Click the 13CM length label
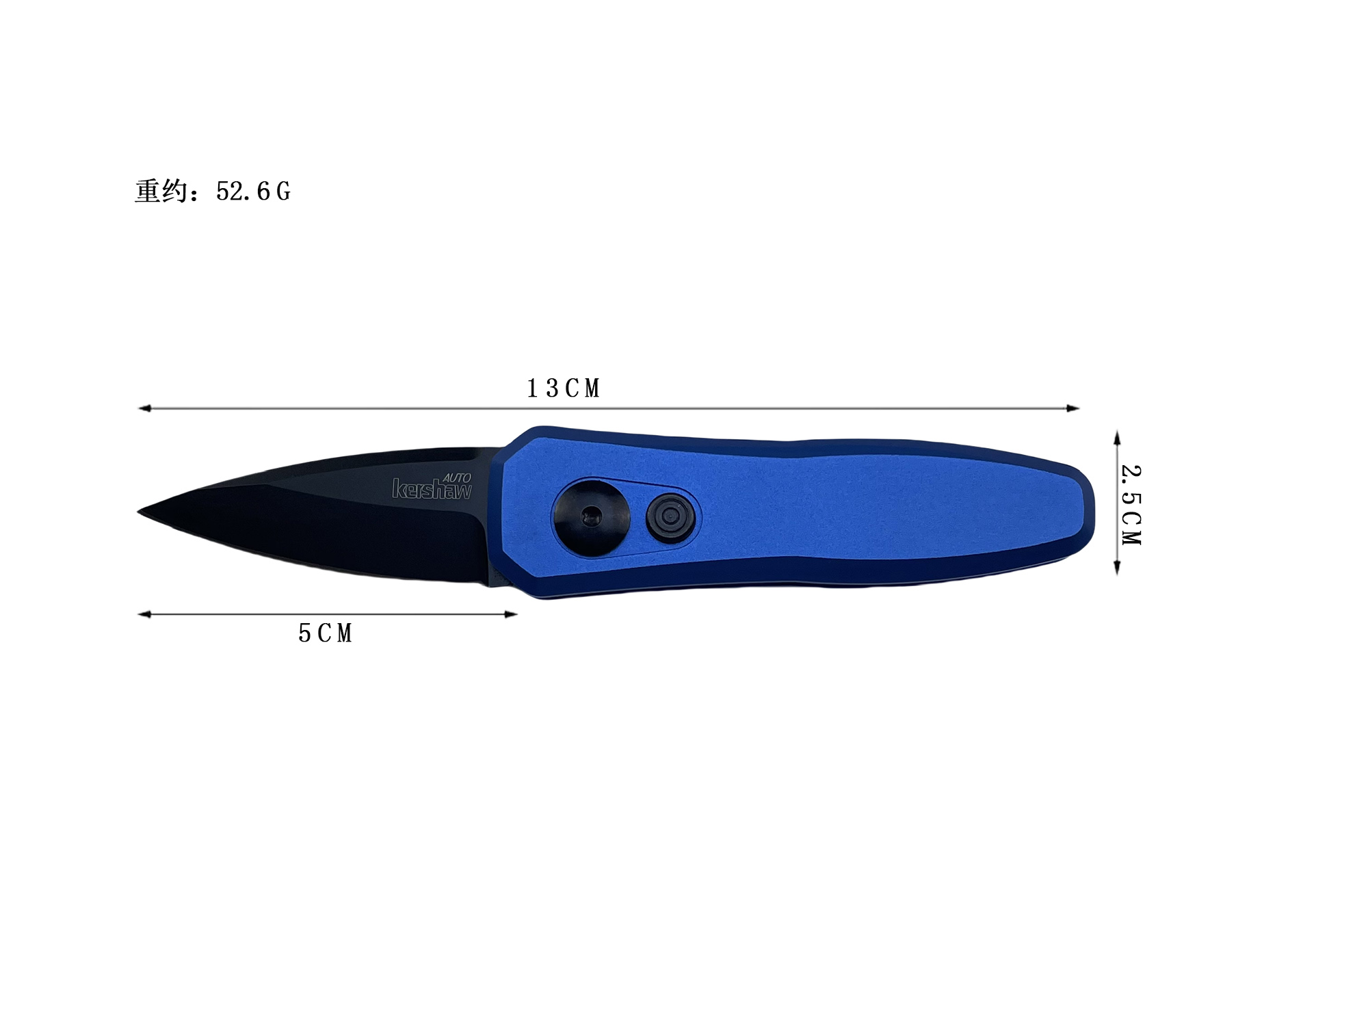(564, 389)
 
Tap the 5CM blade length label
(326, 633)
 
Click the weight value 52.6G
(253, 192)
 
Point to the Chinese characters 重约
(161, 191)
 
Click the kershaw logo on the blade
(432, 489)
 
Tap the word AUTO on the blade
(457, 477)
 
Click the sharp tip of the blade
(139, 512)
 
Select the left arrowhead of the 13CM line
(144, 408)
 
